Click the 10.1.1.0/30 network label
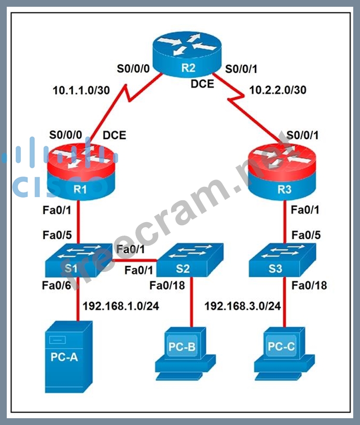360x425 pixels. (81, 90)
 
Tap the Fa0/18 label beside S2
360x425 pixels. (167, 285)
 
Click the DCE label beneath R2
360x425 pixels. (202, 83)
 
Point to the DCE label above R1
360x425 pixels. (114, 135)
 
